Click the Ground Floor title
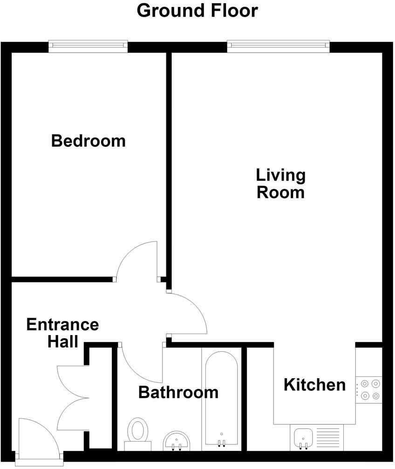[197, 10]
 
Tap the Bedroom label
[89, 141]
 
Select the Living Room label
[281, 184]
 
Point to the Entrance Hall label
[62, 333]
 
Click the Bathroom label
[178, 392]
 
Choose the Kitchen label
[314, 385]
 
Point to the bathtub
[221, 399]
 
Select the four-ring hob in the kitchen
[369, 390]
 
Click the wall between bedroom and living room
[169, 167]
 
